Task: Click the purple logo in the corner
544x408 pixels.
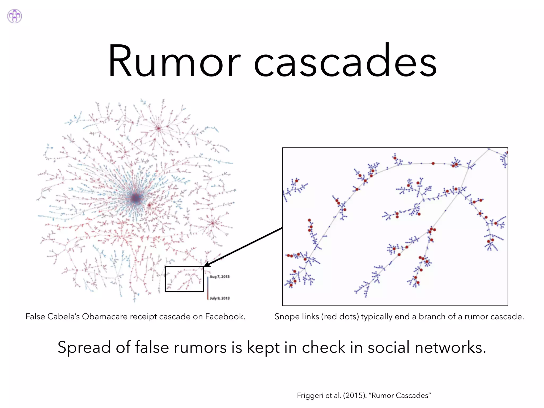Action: coord(15,16)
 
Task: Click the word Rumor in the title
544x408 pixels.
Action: coord(174,61)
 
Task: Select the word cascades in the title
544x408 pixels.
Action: coord(345,61)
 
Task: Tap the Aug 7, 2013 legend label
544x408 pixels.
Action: coord(219,277)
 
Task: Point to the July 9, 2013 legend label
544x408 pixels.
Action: coord(219,298)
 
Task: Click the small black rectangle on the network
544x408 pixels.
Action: coord(184,279)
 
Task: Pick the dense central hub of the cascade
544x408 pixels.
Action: coord(136,198)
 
